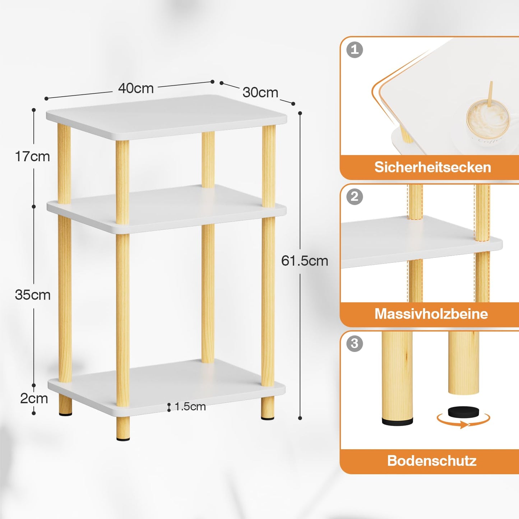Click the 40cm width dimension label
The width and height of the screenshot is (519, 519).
pyautogui.click(x=136, y=88)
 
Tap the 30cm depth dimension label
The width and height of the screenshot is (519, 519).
pyautogui.click(x=260, y=92)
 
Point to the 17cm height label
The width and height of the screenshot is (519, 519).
pyautogui.click(x=32, y=157)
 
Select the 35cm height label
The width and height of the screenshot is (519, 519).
pyautogui.click(x=33, y=295)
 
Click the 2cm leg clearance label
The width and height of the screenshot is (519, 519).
pyautogui.click(x=34, y=398)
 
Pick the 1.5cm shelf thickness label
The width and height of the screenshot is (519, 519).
pyautogui.click(x=190, y=407)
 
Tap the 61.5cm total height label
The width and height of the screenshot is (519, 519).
pyautogui.click(x=305, y=261)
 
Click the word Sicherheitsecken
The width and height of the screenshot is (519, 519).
pyautogui.click(x=432, y=167)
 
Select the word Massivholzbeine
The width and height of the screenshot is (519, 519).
pyautogui.click(x=431, y=314)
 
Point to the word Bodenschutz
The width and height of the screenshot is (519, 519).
pyautogui.click(x=432, y=461)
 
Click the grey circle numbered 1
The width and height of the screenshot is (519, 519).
pyautogui.click(x=355, y=50)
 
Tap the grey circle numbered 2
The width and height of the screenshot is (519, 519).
pyautogui.click(x=355, y=196)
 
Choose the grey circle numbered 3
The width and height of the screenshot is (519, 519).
pyautogui.click(x=355, y=344)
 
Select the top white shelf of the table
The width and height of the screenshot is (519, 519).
pyautogui.click(x=166, y=117)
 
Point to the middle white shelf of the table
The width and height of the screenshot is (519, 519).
pyautogui.click(x=166, y=209)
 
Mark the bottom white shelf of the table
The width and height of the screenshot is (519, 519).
pyautogui.click(x=166, y=388)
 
